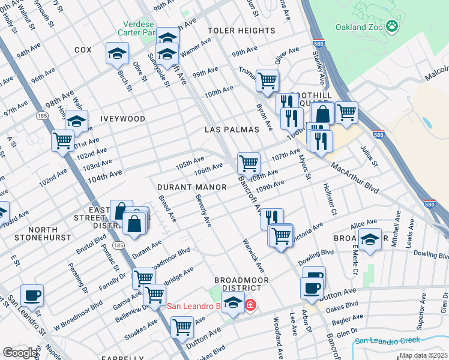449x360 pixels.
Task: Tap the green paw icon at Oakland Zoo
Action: coord(392,26)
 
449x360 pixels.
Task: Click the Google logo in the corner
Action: coord(20,353)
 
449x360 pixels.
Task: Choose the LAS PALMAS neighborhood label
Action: coord(232,130)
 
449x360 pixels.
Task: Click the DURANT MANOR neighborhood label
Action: coord(192,187)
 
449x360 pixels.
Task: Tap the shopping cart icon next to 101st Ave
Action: coord(62,140)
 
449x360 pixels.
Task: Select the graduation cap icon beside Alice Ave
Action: coord(371,238)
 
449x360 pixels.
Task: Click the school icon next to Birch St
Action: coord(118,53)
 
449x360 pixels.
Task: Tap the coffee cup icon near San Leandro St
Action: coord(32,295)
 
